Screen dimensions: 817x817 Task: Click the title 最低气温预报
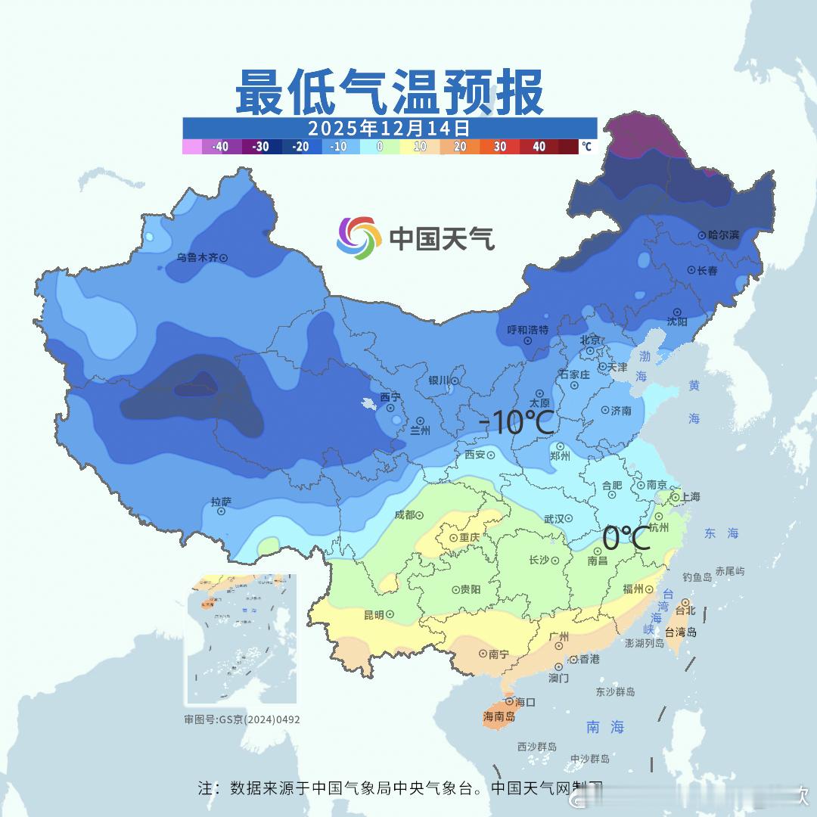pos(389,93)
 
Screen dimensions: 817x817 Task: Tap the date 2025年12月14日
pos(389,127)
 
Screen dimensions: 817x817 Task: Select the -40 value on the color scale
pos(220,147)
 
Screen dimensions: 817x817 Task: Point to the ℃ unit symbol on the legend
pos(586,147)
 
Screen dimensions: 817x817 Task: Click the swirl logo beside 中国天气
pos(358,238)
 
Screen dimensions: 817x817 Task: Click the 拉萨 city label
pos(221,502)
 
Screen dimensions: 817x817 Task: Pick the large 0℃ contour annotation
pos(626,539)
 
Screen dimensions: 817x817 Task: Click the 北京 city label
pos(590,340)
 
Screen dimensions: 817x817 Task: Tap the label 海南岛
pos(499,716)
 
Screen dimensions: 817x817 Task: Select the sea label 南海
pos(605,727)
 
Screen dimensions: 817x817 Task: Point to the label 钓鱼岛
pos(697,577)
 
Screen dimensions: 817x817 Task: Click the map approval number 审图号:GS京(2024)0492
pos(242,719)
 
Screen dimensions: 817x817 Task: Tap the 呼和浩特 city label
pos(527,330)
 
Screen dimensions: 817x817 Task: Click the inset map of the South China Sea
pos(241,639)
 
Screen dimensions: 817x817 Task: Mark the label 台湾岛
pos(682,632)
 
